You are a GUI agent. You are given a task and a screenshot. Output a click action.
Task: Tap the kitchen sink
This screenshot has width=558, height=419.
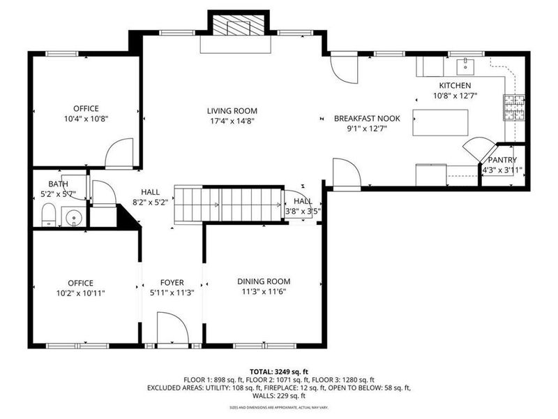pos(464,66)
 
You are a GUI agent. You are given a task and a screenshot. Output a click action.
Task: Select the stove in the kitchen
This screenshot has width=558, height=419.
pos(514,108)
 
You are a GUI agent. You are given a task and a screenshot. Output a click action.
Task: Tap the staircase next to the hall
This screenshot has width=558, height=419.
pos(227,204)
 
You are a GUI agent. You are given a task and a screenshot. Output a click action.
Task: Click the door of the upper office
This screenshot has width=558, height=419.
pos(119,154)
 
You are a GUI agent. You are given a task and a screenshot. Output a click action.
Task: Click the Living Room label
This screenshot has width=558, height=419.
pos(232,110)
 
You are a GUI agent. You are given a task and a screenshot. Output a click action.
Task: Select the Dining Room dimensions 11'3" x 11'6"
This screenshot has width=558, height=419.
pos(262,291)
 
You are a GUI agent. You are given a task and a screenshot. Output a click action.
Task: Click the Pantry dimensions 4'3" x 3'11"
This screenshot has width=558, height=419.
pos(502,170)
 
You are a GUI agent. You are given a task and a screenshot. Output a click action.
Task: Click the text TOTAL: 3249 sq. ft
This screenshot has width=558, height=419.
pos(278,371)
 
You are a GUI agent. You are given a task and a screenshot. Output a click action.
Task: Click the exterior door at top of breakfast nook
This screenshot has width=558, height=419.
pos(342,67)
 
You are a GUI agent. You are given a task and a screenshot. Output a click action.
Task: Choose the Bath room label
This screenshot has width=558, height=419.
pos(58,184)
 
